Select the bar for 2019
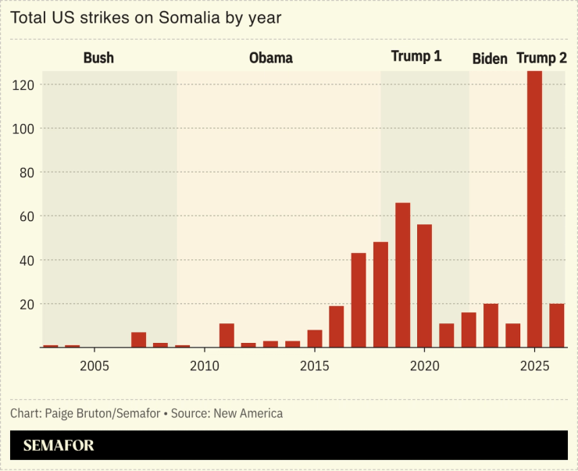point(402,275)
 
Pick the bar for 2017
point(359,300)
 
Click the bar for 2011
point(227,335)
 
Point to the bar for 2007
point(138,340)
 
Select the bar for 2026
point(556,326)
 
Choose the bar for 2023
point(491,326)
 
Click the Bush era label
point(98,58)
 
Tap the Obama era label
point(270,58)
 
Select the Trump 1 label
point(416,57)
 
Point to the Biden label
point(490,59)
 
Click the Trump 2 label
point(541,58)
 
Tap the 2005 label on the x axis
point(94,366)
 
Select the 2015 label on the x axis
point(314,366)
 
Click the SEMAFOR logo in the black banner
point(59,446)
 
